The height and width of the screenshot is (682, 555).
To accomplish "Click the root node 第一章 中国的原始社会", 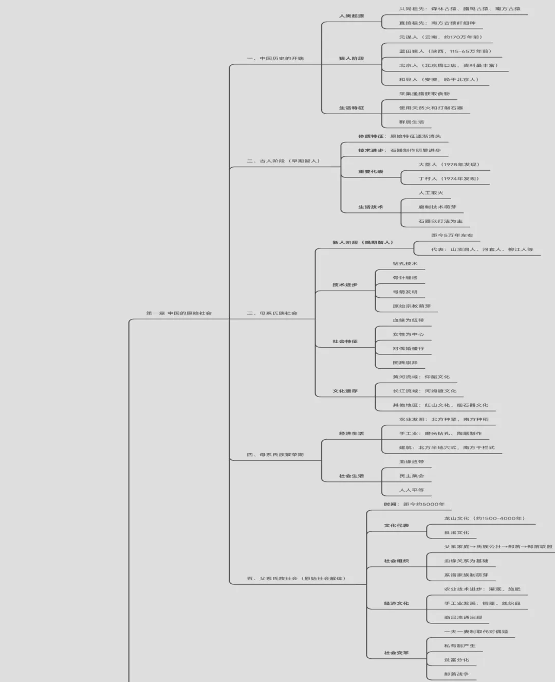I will [179, 313].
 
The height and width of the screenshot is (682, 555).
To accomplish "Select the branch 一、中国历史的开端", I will [275, 59].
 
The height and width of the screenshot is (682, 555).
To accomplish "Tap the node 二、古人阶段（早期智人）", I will [283, 161].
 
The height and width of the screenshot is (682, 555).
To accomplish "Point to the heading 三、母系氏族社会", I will [272, 313].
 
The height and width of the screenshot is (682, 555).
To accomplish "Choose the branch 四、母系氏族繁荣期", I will [275, 455].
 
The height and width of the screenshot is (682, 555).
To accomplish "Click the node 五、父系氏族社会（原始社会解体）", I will [296, 579].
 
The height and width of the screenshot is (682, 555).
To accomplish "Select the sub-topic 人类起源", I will [351, 16].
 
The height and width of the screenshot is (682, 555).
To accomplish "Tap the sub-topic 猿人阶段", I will [351, 59].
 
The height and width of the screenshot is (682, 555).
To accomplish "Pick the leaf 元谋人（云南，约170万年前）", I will [441, 37].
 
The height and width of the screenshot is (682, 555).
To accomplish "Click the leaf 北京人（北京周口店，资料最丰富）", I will [449, 65].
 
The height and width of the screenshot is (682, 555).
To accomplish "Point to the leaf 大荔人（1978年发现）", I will [449, 165].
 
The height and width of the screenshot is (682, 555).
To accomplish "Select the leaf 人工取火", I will [431, 193].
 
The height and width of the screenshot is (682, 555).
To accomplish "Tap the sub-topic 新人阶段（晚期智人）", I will [363, 242].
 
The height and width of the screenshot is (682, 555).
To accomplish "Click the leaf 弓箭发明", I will [405, 292].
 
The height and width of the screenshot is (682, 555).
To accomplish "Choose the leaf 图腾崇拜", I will [405, 363].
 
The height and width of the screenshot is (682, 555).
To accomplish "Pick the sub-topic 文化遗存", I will [345, 391].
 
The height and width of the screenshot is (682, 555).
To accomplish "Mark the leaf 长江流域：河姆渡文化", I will [424, 391].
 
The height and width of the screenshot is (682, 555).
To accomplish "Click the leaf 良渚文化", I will [456, 533].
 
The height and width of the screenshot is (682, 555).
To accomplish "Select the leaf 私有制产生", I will [459, 646].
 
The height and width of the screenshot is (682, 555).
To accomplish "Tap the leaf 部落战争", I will [456, 674].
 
